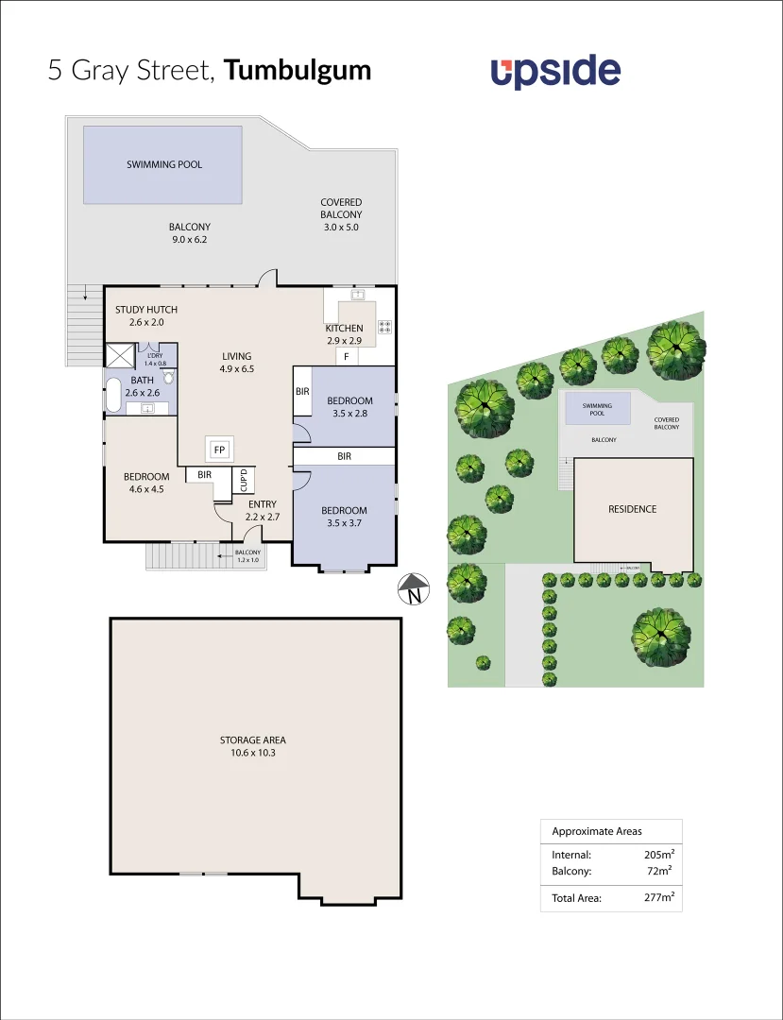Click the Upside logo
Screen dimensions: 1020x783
point(555,72)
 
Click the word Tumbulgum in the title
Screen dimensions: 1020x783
point(298,70)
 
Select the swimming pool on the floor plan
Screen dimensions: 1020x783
point(163,164)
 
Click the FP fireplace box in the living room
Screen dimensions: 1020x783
point(219,449)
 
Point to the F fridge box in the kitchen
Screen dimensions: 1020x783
point(347,356)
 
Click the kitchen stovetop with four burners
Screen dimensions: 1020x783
point(385,328)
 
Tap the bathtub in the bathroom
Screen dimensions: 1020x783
point(112,395)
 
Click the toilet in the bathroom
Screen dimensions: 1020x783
point(168,376)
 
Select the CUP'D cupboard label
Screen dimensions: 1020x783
point(244,480)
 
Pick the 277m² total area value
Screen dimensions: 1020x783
point(658,898)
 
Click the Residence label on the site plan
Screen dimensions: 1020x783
point(632,509)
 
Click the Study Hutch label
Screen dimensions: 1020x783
point(146,315)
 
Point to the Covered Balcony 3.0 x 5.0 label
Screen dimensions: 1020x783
point(341,214)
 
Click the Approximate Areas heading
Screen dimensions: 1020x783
point(596,831)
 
